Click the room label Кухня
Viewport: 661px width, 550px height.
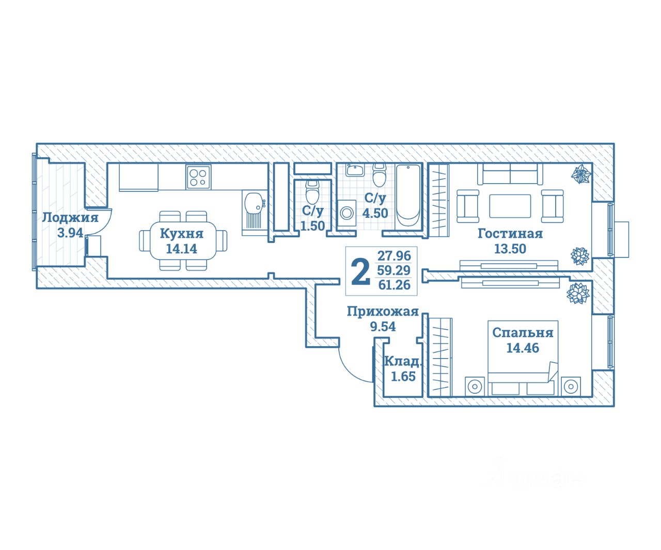181,233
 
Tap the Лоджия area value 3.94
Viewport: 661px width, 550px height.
70,233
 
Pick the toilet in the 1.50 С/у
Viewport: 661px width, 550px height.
312,192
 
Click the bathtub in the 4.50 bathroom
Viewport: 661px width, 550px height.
409,196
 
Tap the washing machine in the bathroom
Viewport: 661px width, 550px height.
347,212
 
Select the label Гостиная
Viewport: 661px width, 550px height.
510,234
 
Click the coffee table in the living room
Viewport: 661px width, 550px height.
510,206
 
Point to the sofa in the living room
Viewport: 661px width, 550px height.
510,174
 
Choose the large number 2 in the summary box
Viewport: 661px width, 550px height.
360,271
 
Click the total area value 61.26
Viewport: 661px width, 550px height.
394,285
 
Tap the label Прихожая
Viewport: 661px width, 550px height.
382,312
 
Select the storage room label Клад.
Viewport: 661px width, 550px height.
402,361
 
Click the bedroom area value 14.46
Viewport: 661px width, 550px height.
522,348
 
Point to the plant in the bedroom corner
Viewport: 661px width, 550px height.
578,294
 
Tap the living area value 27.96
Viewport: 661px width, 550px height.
394,255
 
